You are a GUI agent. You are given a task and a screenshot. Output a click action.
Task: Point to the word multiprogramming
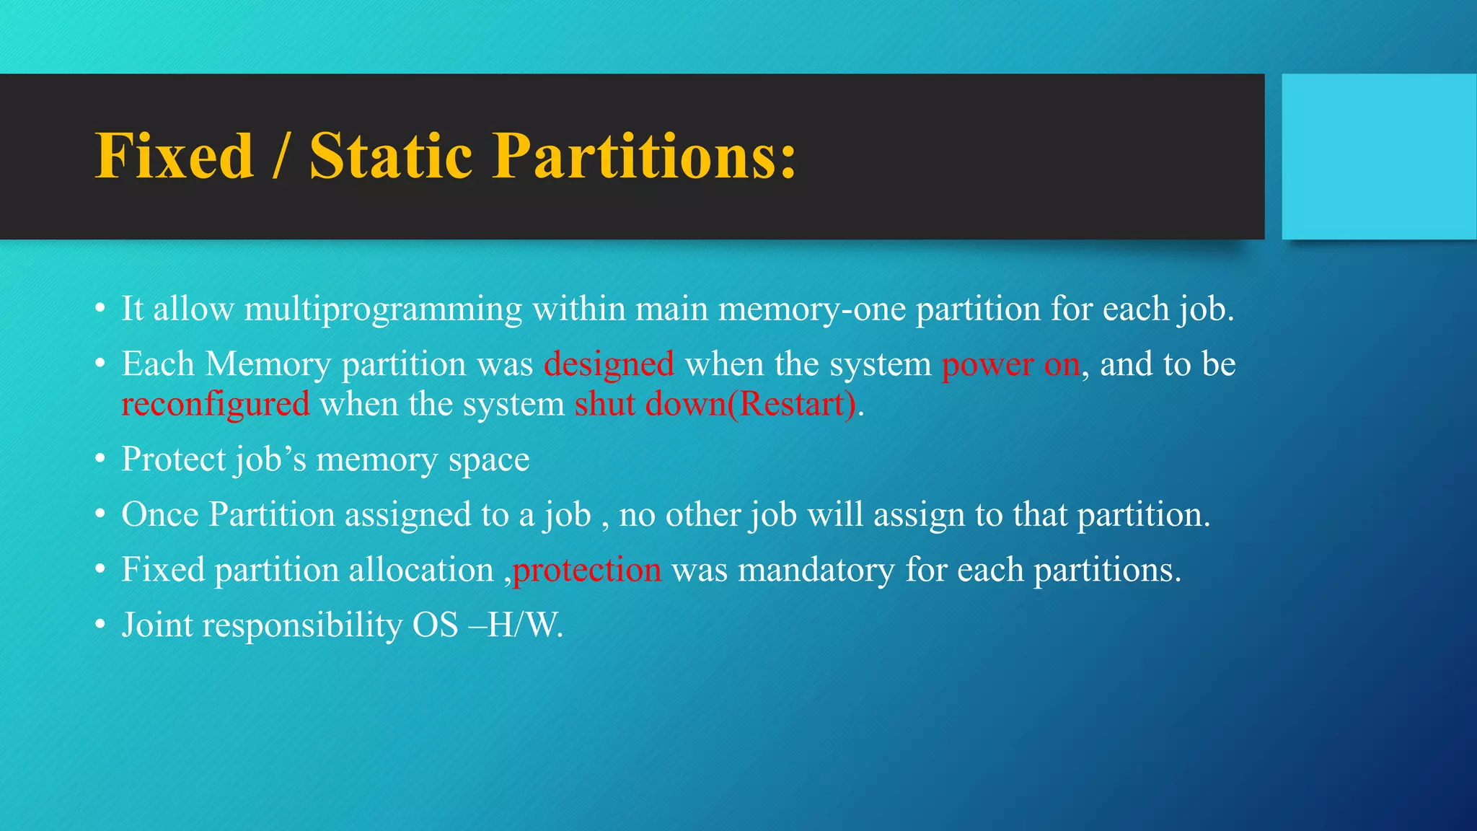click(383, 309)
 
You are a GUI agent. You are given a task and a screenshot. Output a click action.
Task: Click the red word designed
click(609, 364)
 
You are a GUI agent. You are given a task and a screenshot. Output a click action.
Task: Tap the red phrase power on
click(1010, 364)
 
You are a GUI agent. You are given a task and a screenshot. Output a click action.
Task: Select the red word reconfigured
click(216, 404)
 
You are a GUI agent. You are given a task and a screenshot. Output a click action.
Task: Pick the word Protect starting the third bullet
click(172, 460)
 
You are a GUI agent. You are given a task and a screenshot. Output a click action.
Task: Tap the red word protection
click(586, 570)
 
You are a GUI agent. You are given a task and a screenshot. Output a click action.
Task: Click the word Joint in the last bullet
click(156, 625)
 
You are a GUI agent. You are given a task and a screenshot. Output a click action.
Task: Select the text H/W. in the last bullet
click(525, 625)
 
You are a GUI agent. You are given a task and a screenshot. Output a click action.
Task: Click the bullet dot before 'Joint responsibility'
click(101, 625)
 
